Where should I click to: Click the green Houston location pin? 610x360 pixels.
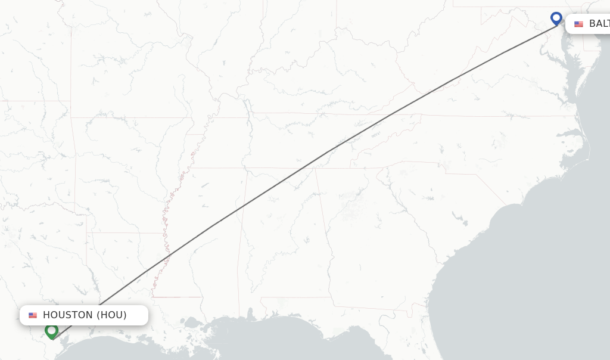coord(52,330)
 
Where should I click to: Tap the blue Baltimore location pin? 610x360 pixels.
coord(556,18)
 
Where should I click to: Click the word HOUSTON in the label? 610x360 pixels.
coord(67,315)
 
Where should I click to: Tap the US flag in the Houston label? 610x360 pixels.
coord(33,315)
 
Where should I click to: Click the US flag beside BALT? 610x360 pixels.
coord(578,24)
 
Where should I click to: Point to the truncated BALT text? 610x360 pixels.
coord(599,24)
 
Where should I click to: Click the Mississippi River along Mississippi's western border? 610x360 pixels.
coord(167,238)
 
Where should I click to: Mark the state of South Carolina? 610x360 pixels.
coord(441,197)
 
